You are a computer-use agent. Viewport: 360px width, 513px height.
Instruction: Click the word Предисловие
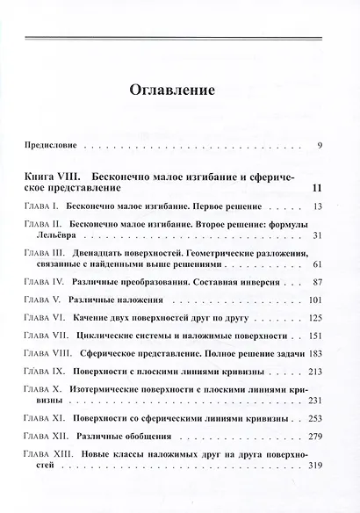coord(51,144)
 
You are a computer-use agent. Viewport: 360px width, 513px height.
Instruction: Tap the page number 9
coord(320,144)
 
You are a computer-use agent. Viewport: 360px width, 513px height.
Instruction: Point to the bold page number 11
coord(317,188)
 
